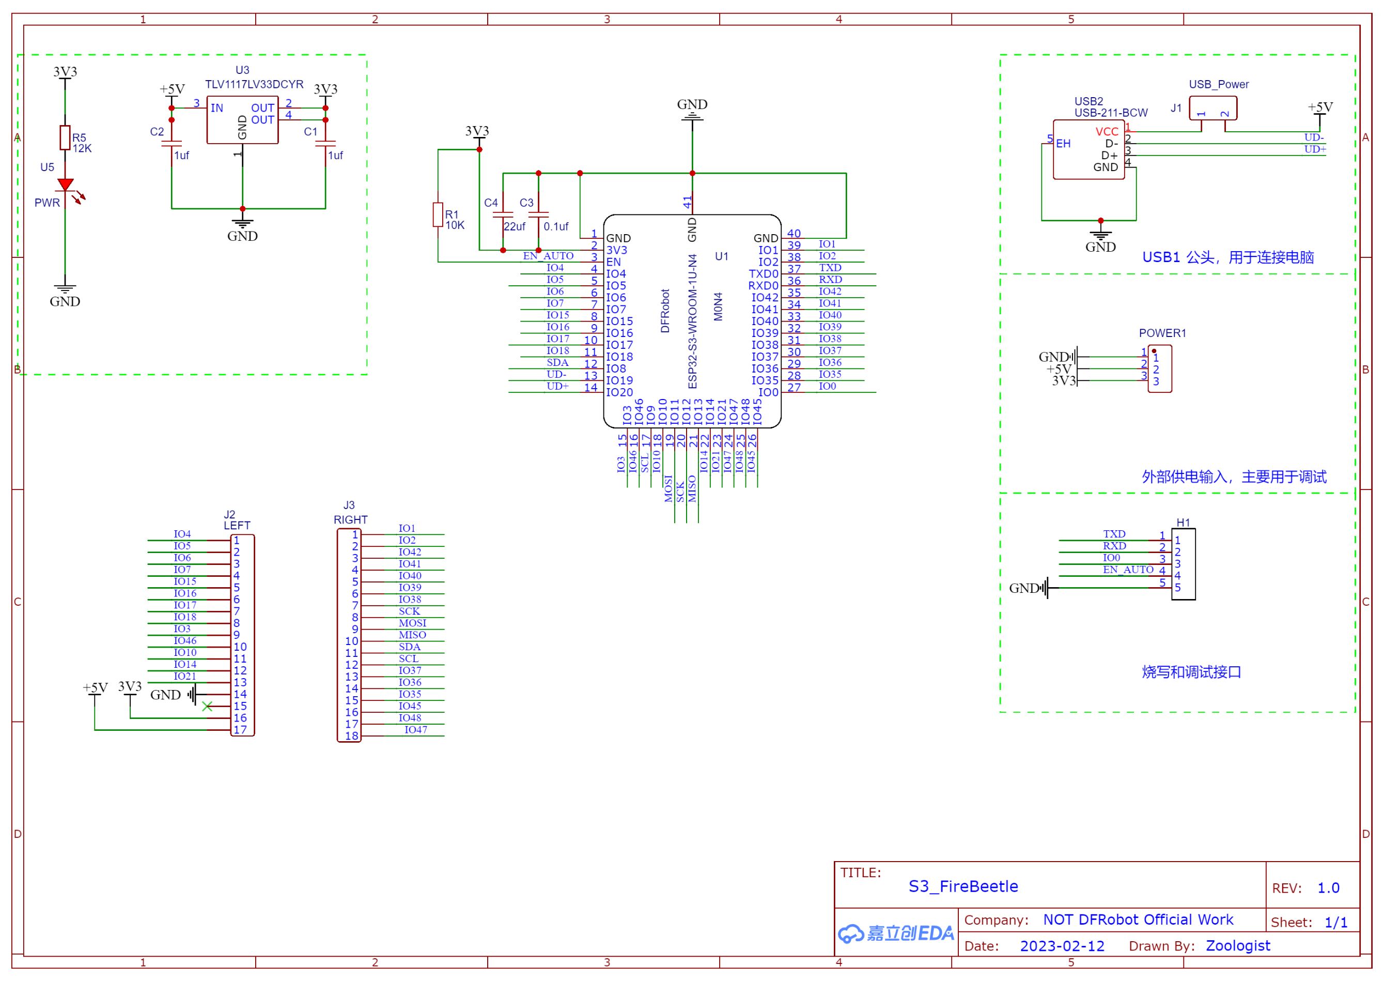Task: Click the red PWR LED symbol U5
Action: (65, 185)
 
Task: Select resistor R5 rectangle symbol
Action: (65, 137)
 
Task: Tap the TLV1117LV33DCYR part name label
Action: (254, 84)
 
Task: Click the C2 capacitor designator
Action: (157, 132)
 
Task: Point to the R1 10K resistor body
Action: (438, 215)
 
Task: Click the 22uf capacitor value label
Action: (515, 226)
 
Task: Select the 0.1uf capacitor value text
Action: (556, 226)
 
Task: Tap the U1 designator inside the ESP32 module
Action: (722, 256)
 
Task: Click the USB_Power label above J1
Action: (1219, 85)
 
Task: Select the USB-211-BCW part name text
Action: (1111, 113)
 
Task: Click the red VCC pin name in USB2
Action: (1107, 132)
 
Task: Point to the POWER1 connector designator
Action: (1162, 333)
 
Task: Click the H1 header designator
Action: (1183, 523)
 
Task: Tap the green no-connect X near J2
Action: (207, 706)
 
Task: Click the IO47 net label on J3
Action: (415, 730)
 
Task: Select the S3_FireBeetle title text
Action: (963, 886)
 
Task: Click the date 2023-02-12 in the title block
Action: (1062, 946)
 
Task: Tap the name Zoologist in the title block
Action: (1238, 946)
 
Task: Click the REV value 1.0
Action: (1328, 888)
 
